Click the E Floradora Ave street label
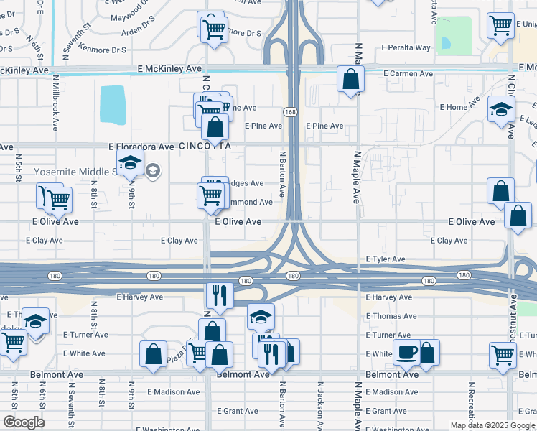141,147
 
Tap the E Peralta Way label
406,47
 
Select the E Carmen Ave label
408,73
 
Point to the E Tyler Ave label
386,259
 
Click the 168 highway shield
290,111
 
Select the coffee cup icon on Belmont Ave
406,353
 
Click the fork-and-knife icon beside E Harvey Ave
219,295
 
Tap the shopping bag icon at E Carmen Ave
351,78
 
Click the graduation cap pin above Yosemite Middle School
130,163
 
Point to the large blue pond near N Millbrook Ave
112,105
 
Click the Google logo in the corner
23,422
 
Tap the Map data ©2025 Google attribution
492,425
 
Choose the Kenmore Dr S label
103,50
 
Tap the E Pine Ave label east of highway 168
324,126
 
